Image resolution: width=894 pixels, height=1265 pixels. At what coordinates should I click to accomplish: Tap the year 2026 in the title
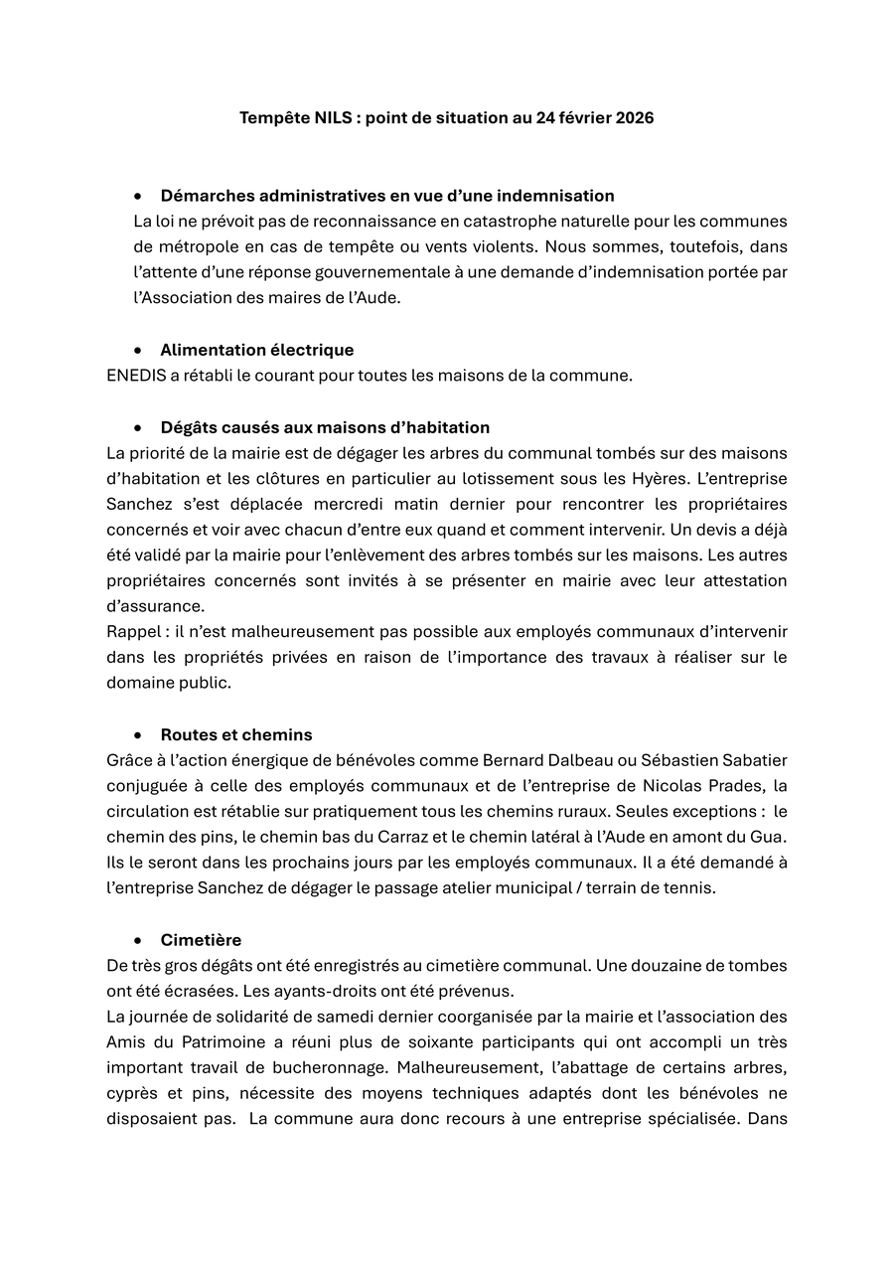(634, 117)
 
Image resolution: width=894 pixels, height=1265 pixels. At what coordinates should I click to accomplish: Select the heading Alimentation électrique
(256, 350)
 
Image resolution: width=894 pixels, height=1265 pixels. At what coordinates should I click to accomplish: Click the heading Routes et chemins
(236, 734)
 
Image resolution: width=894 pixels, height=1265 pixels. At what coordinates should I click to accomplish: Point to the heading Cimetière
(201, 940)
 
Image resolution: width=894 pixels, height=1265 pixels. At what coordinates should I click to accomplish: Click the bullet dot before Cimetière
(139, 940)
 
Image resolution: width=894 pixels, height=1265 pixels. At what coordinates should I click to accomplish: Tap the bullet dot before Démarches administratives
(139, 196)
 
